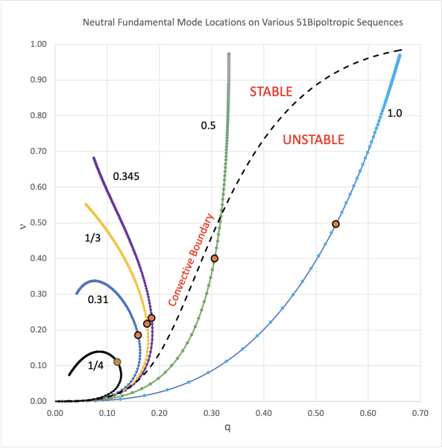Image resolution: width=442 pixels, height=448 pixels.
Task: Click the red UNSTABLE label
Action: pyautogui.click(x=313, y=139)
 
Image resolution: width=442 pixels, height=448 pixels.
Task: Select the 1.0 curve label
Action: pyautogui.click(x=395, y=113)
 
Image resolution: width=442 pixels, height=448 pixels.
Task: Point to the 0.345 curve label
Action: pyautogui.click(x=127, y=176)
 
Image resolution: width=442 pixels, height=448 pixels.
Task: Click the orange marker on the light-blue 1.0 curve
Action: pyautogui.click(x=336, y=224)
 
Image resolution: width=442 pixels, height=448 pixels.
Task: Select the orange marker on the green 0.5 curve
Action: pyautogui.click(x=215, y=258)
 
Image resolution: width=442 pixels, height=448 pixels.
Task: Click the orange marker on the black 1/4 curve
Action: pyautogui.click(x=117, y=362)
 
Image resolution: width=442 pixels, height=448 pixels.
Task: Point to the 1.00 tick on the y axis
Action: pyautogui.click(x=37, y=45)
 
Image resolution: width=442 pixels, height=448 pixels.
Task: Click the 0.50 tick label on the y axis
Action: pyautogui.click(x=37, y=223)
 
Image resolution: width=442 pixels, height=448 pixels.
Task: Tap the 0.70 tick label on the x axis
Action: pyautogui.click(x=420, y=411)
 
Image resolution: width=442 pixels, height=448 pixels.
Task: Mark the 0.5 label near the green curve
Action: pyautogui.click(x=208, y=125)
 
